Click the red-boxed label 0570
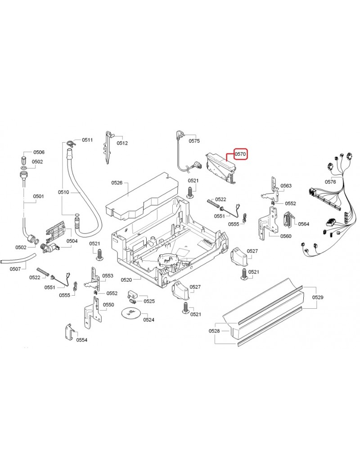coord(240,154)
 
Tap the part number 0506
coord(39,153)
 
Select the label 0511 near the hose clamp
coord(87,140)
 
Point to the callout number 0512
coord(122,143)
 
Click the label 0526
coord(117,183)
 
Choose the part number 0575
coord(194,141)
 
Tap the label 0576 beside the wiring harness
coord(330,182)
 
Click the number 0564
coord(304,224)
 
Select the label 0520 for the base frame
coord(126,280)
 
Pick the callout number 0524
coord(148,320)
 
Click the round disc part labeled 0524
coord(130,312)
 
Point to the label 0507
coord(15,269)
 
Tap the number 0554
coord(81,340)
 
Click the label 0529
coord(318,297)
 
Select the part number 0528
coord(214,331)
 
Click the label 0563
coord(286,185)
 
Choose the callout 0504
coord(72,241)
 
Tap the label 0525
coord(149,301)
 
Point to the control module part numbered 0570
coord(220,166)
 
